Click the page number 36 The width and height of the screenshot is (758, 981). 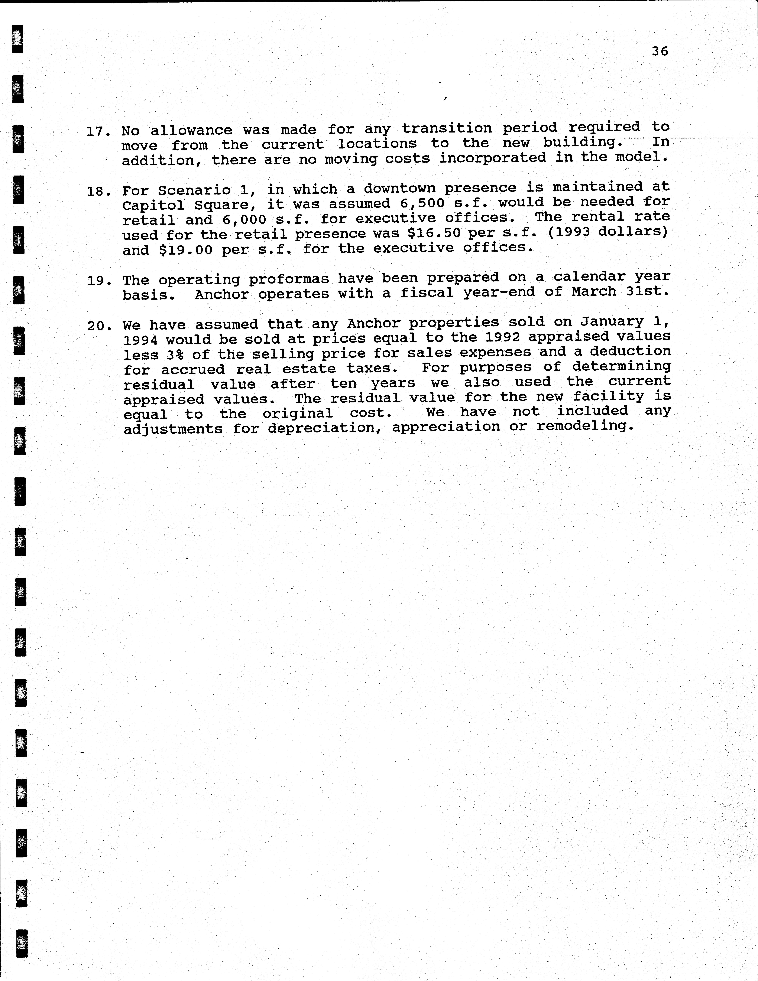tap(660, 51)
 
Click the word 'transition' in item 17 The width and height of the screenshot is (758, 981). tap(447, 128)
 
